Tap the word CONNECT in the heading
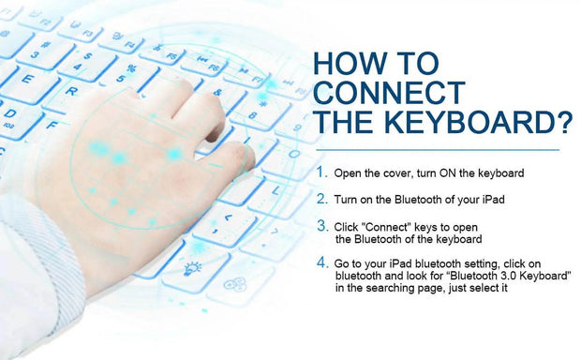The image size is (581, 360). point(390,92)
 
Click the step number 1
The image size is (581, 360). point(320,172)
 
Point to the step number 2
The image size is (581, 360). point(322,199)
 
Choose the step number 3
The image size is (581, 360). point(322,225)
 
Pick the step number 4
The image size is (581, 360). point(322,262)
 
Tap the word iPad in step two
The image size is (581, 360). point(493,200)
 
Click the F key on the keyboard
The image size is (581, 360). point(53,126)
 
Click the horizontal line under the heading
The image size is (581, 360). point(438,150)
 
